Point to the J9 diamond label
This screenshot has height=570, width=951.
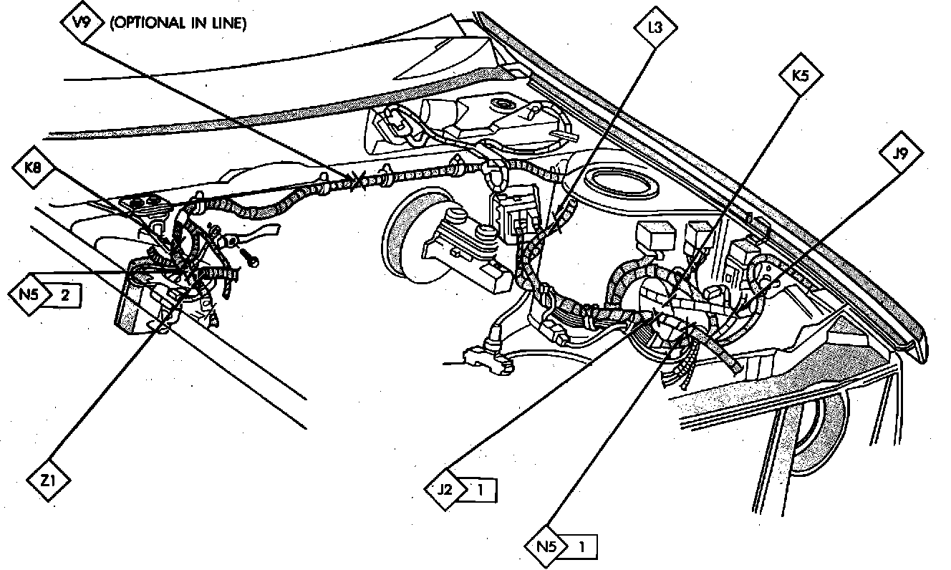pos(901,153)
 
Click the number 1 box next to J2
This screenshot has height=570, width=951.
pos(481,491)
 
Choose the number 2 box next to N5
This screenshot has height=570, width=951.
pos(65,295)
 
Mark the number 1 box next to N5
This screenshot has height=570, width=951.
pos(581,548)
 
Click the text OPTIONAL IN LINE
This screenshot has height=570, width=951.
pos(178,23)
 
